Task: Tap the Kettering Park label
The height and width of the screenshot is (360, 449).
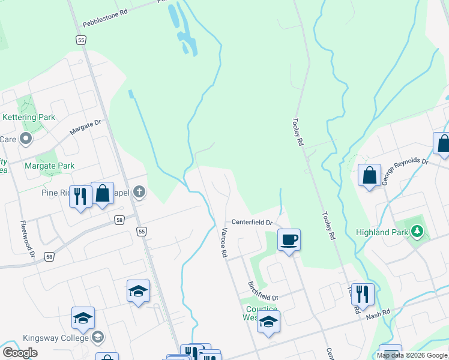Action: point(29,117)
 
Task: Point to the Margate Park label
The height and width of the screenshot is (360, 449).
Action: point(49,166)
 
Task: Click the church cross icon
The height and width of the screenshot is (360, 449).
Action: point(139,192)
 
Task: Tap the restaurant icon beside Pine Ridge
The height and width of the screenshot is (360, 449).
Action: point(79,196)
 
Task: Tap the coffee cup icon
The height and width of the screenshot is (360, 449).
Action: point(289,239)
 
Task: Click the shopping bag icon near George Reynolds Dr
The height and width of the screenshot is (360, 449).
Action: point(369,175)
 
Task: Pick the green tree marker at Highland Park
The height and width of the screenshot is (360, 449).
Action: point(417,231)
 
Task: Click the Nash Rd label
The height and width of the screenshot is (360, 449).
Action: point(378,313)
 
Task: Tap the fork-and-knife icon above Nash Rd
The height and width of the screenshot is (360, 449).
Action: point(362,293)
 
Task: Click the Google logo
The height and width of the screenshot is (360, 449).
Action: point(20,353)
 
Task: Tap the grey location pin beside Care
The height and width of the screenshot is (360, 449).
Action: point(25,139)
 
